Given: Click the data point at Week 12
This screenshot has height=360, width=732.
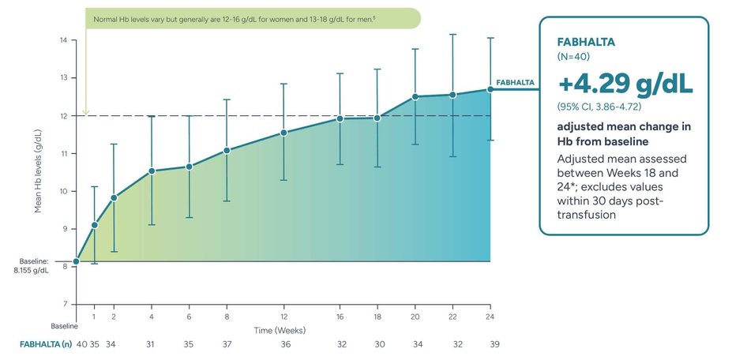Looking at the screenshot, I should pyautogui.click(x=283, y=133).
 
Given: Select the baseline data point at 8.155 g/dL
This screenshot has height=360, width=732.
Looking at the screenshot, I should pyautogui.click(x=76, y=261).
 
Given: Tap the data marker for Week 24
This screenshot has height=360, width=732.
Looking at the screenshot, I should pyautogui.click(x=490, y=89).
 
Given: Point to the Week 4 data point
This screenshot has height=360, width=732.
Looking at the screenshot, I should pyautogui.click(x=152, y=171).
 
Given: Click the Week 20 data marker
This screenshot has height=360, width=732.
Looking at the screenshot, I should pyautogui.click(x=415, y=96).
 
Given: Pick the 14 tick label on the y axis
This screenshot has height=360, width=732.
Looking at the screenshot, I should pyautogui.click(x=63, y=40).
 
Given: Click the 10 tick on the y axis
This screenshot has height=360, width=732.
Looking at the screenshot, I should pyautogui.click(x=63, y=191).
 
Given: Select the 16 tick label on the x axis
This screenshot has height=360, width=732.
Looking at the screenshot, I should pyautogui.click(x=340, y=317).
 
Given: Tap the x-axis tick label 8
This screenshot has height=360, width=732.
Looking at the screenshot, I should pyautogui.click(x=227, y=317).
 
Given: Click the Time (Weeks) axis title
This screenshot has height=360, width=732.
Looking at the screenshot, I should pyautogui.click(x=280, y=329).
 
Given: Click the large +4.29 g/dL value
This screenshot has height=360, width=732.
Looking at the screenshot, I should pyautogui.click(x=625, y=84).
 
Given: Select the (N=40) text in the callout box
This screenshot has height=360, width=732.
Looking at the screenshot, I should pyautogui.click(x=574, y=57).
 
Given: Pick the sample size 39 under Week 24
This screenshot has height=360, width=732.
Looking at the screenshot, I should pyautogui.click(x=494, y=344).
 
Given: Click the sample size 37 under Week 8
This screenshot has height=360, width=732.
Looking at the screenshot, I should pyautogui.click(x=227, y=344).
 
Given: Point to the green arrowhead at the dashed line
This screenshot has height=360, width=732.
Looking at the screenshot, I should pyautogui.click(x=86, y=112).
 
